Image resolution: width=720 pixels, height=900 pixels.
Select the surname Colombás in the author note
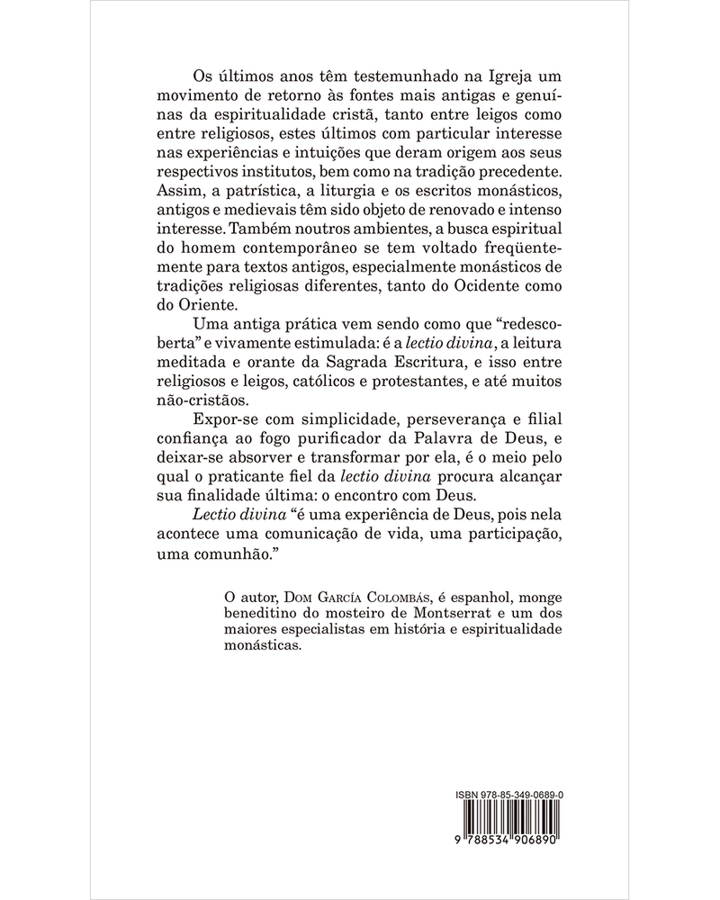tap(388, 594)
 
